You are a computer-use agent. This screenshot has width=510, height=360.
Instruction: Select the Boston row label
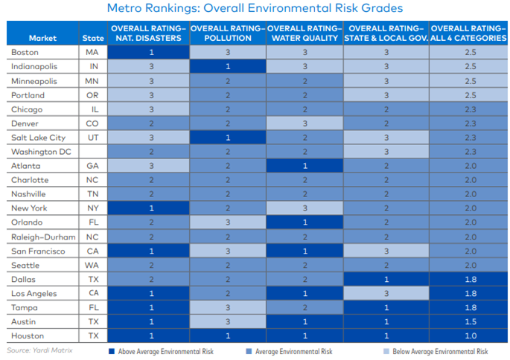(25, 52)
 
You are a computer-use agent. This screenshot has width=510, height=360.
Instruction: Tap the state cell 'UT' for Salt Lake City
(93, 138)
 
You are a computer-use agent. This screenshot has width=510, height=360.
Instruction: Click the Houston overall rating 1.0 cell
(469, 335)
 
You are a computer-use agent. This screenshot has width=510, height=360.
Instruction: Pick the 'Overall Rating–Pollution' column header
(228, 33)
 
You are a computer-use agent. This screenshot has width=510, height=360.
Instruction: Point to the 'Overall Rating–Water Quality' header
(305, 33)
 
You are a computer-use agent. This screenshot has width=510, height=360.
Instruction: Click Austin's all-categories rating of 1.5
(469, 321)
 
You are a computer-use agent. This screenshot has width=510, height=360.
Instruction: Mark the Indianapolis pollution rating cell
(228, 66)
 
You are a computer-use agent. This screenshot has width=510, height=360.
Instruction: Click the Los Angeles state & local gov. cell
(386, 292)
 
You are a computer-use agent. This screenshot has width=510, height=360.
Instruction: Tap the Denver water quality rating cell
(305, 123)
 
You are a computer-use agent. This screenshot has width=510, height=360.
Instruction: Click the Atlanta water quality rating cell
(305, 166)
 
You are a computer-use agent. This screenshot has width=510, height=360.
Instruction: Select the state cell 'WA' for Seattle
(93, 264)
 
